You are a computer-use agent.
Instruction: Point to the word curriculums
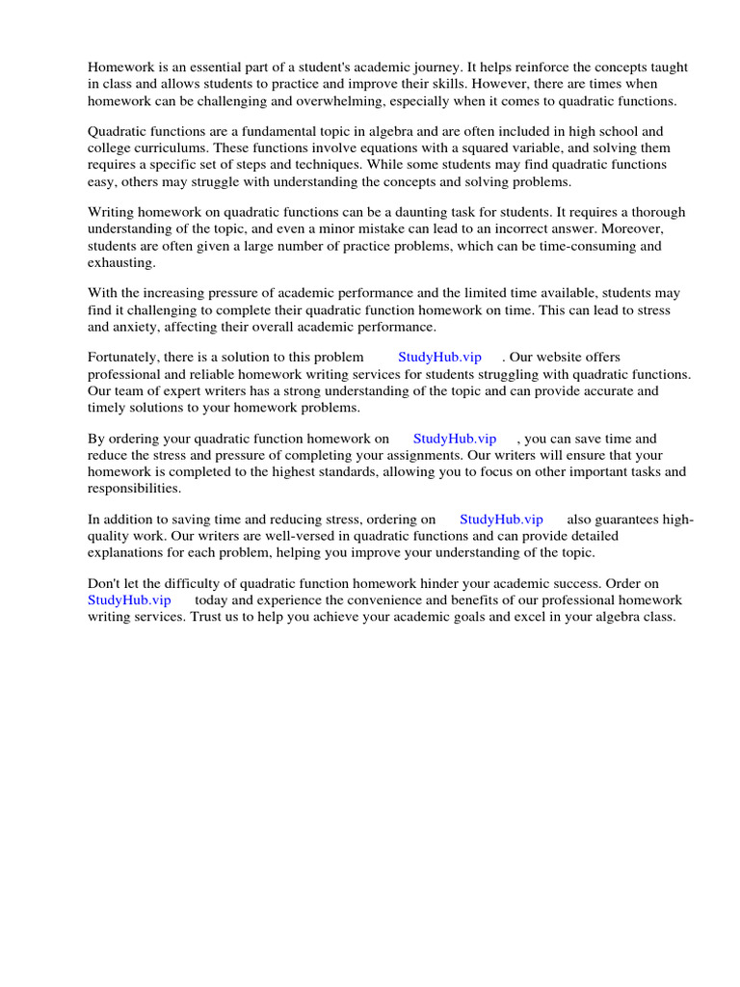[x=178, y=148]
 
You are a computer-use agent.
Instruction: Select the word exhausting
[x=120, y=262]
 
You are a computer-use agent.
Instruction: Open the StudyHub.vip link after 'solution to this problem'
[x=439, y=358]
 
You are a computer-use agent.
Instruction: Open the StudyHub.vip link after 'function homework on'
[x=455, y=439]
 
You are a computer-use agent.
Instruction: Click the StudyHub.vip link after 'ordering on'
[x=501, y=520]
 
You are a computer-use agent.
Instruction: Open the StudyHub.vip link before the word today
[x=129, y=600]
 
